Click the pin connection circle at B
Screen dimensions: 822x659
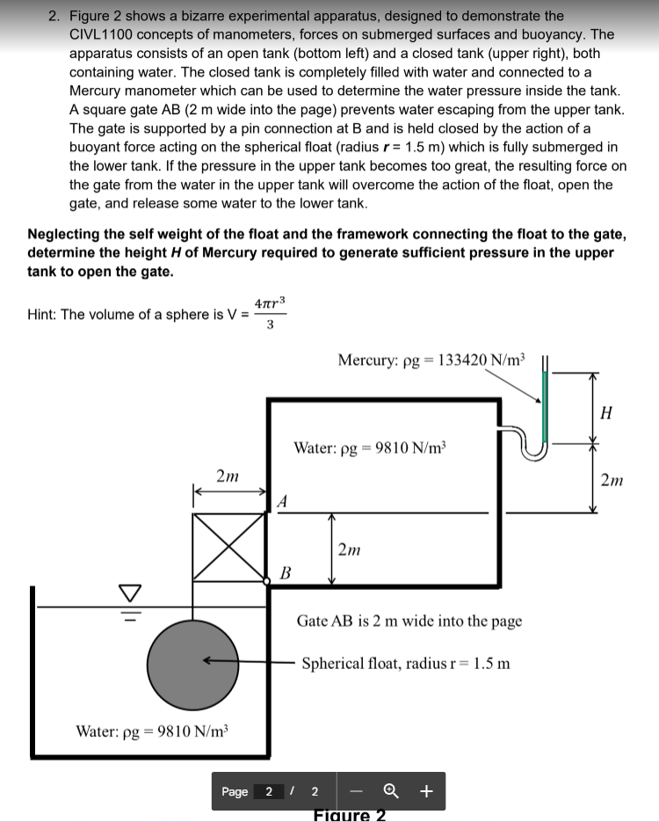click(x=267, y=581)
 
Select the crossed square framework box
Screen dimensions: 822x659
click(x=228, y=547)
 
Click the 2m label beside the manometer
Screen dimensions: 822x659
click(x=612, y=479)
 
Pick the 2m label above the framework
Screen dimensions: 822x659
click(x=228, y=476)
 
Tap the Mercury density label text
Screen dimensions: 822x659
click(x=431, y=360)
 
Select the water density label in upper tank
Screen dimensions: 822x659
click(x=370, y=447)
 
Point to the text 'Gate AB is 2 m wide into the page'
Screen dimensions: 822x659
click(x=409, y=621)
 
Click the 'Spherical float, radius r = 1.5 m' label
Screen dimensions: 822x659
click(x=405, y=663)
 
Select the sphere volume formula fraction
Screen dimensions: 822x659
click(x=269, y=314)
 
